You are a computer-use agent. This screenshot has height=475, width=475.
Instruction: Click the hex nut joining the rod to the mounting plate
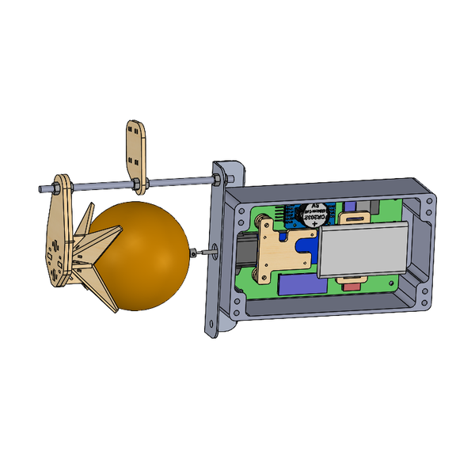215,181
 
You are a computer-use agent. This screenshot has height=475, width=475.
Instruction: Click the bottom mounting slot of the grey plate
211,324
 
